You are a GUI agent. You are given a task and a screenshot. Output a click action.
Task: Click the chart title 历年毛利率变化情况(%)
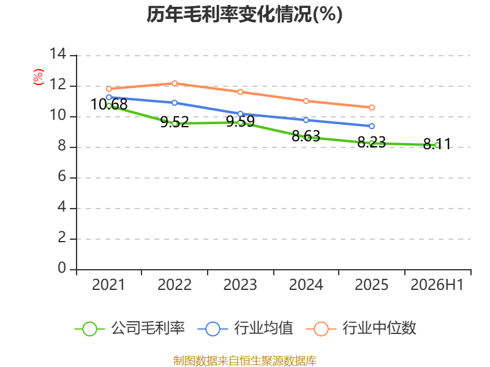pos(244,14)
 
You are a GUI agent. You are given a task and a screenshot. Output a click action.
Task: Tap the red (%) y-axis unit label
pos(38,77)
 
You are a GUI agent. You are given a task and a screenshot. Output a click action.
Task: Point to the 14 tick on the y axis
pos(58,54)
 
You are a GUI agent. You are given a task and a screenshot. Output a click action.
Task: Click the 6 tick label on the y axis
pos(62,177)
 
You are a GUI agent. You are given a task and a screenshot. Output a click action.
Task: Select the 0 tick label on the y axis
pos(62,268)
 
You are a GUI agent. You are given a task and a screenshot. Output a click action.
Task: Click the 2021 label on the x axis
pos(108,284)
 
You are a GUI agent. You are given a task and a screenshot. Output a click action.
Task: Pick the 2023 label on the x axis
pos(240,284)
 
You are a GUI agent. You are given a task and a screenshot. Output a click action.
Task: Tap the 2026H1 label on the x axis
pos(437,284)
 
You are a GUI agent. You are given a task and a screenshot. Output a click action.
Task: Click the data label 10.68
pos(109,104)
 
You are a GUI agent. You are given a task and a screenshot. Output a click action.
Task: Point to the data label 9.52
pos(175,122)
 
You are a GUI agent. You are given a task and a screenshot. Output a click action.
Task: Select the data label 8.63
pos(306,136)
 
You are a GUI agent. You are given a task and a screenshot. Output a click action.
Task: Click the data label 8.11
pos(437,144)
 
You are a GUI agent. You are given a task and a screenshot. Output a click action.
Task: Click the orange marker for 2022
pos(175,83)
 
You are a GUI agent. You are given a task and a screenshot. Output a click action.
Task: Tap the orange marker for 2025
pos(372,108)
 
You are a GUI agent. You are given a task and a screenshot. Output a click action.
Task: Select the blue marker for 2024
pos(306,120)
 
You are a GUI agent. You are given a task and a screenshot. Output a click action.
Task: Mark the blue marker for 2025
pos(372,126)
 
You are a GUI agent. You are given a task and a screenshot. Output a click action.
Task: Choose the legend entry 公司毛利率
pos(130,328)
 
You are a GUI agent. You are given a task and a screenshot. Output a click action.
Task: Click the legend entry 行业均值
pos(246,328)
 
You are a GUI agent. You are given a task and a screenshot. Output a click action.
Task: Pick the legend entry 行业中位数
pos(361,328)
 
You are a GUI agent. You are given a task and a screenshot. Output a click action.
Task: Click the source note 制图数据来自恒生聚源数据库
pos(244,361)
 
